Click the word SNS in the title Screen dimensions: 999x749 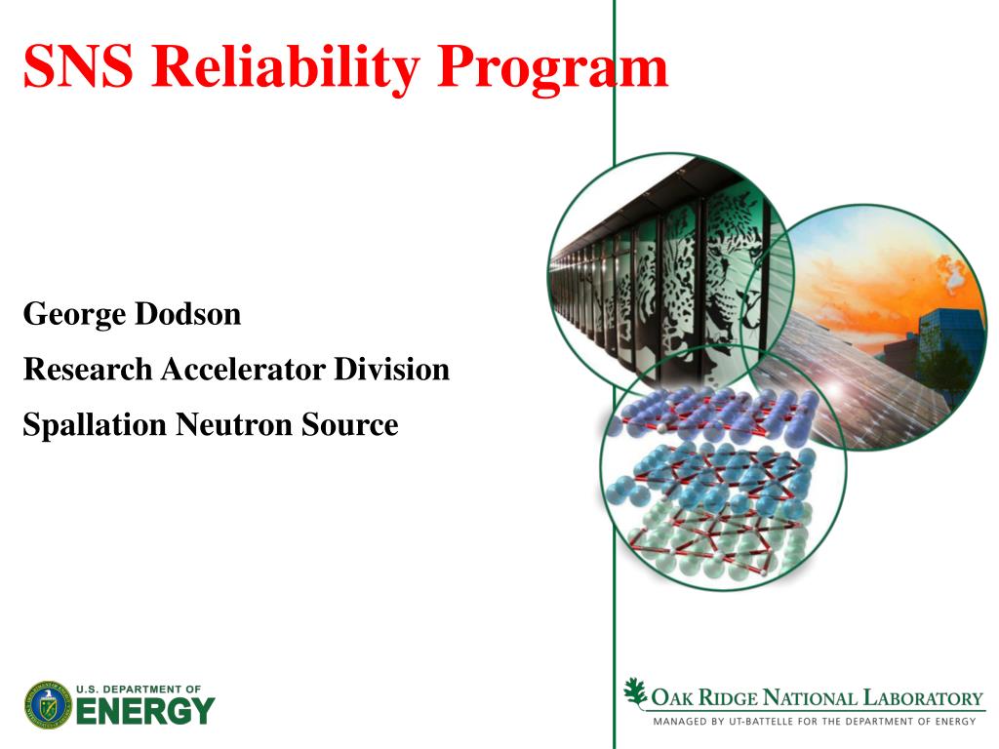pos(78,66)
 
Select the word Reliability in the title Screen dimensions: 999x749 pos(285,69)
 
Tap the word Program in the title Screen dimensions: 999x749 pos(553,70)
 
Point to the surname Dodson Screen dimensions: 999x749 pos(188,313)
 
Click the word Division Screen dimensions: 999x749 pos(392,370)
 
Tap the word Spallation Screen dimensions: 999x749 pos(95,425)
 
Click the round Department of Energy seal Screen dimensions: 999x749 pos(49,705)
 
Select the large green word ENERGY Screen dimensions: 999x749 pos(145,711)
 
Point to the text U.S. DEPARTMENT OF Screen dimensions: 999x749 pos(139,690)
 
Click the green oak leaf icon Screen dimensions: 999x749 pos(634,693)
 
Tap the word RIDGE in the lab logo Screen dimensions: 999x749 pos(728,698)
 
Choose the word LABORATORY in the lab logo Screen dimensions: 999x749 pos(923,698)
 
